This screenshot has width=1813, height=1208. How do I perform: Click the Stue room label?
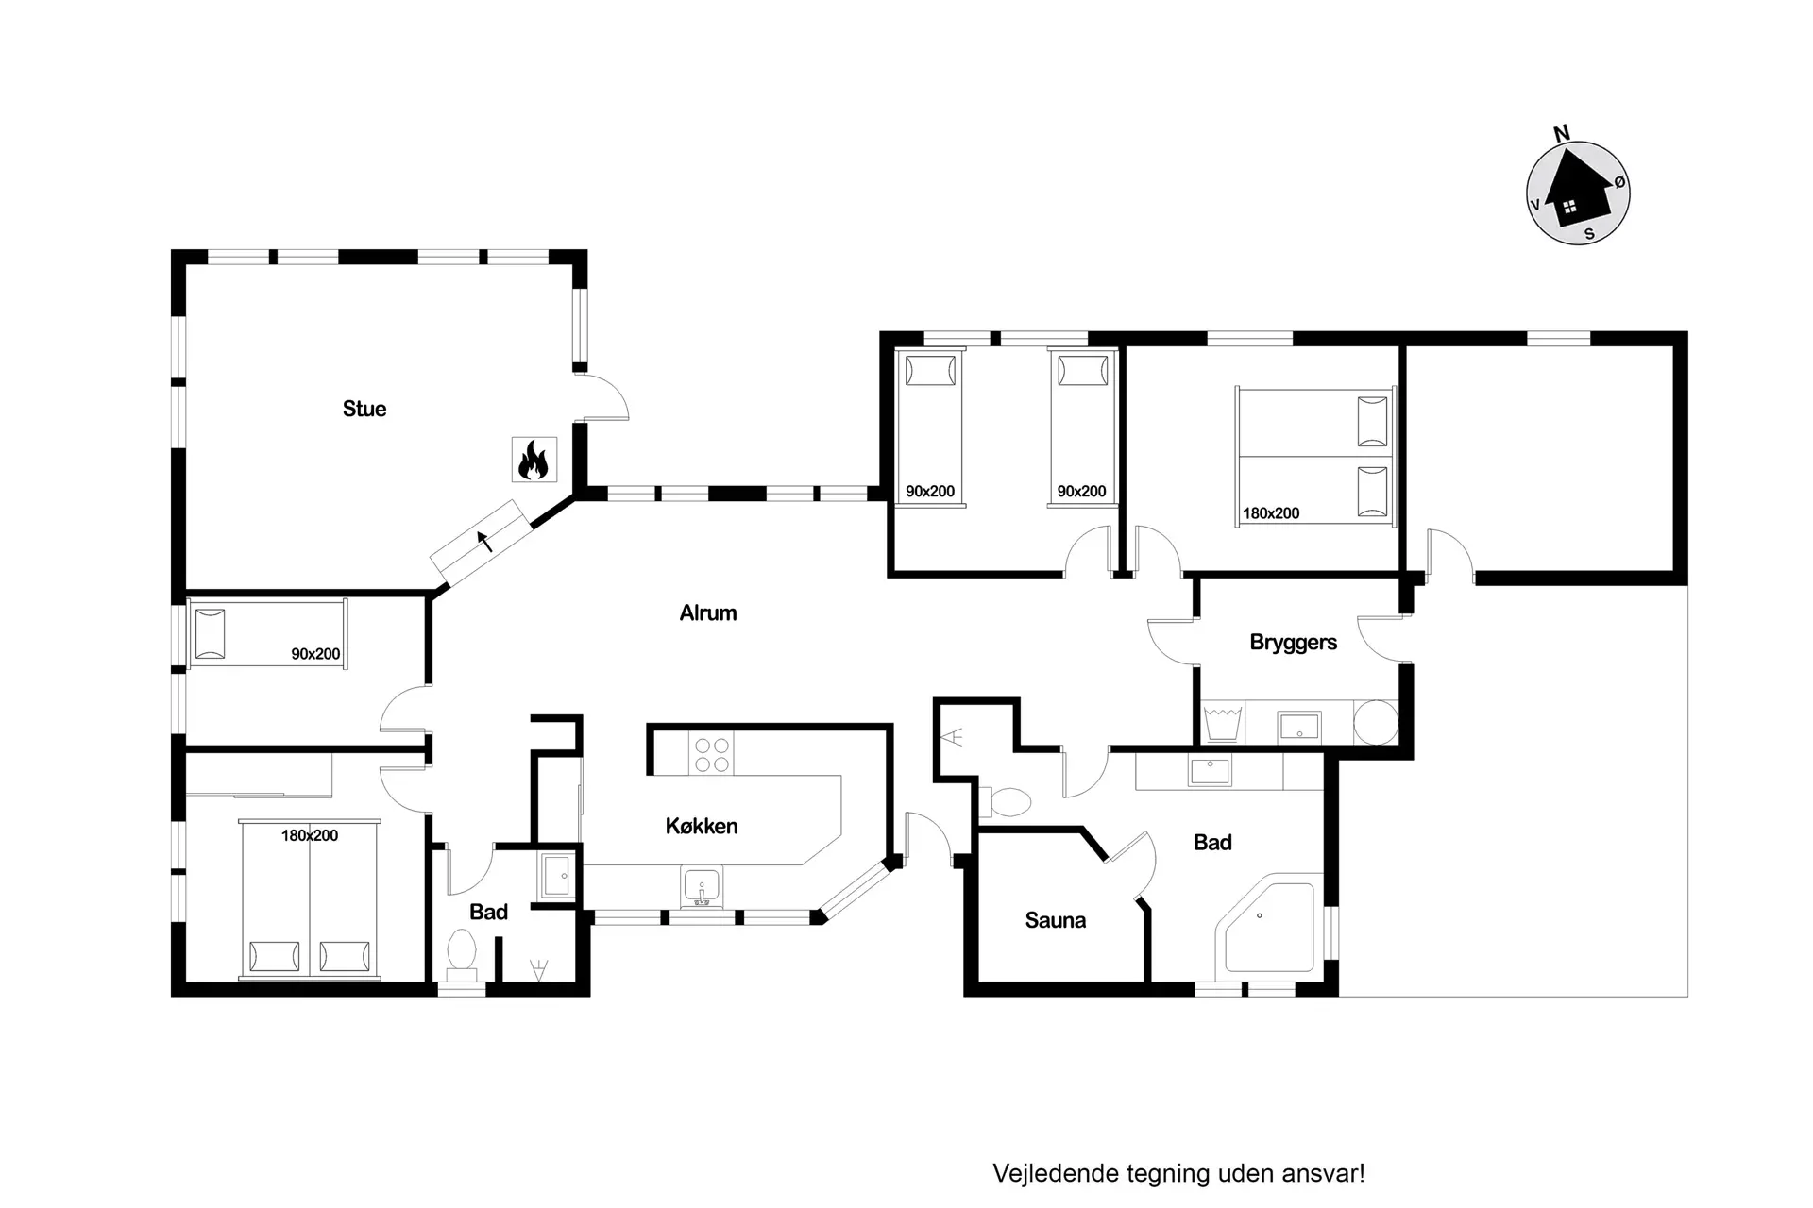point(364,409)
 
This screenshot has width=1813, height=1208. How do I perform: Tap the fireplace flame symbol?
point(534,460)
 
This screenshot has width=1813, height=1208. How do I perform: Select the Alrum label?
point(708,612)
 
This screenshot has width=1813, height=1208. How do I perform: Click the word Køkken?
point(702,826)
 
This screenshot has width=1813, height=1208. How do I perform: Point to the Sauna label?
point(1056,920)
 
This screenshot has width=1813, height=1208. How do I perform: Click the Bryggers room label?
point(1294,643)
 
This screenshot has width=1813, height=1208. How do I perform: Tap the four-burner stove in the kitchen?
point(712,754)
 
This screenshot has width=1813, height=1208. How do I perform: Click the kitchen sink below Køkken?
point(701,887)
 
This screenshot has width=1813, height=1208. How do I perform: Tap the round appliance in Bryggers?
point(1376,722)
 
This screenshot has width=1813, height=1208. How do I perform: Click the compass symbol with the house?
point(1578,193)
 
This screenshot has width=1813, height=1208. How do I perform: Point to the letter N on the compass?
point(1562,133)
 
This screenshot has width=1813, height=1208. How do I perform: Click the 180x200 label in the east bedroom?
point(1271,513)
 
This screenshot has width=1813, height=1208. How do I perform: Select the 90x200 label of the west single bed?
point(315,654)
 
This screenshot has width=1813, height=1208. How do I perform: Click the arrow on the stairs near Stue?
point(485,542)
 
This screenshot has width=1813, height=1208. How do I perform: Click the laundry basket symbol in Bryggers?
point(1223,723)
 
